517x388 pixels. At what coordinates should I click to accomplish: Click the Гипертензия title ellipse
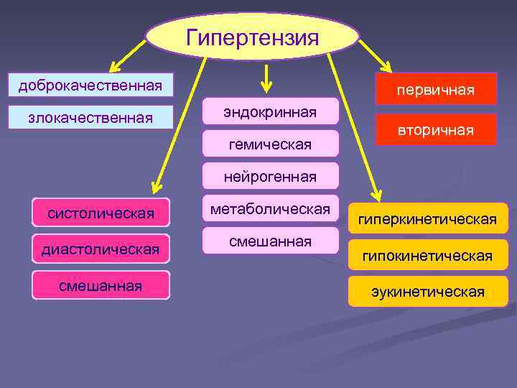[252, 36]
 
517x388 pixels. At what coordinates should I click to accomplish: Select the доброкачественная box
[90, 86]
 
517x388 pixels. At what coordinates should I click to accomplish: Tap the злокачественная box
[90, 116]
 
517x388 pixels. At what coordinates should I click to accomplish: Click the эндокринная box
[270, 111]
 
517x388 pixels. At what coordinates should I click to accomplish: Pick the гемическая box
[270, 144]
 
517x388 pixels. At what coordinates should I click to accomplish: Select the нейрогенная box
[270, 176]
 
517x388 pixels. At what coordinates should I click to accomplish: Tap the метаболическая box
[270, 208]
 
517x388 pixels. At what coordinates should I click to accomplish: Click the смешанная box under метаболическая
[270, 241]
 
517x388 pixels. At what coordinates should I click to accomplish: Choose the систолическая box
[101, 213]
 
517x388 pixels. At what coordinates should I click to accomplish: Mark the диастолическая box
[101, 249]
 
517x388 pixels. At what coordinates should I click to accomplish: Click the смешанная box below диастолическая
[101, 285]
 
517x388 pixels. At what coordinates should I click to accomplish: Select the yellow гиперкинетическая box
[429, 218]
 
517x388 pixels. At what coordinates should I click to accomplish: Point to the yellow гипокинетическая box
[429, 255]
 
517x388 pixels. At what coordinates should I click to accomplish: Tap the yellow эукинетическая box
[429, 292]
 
